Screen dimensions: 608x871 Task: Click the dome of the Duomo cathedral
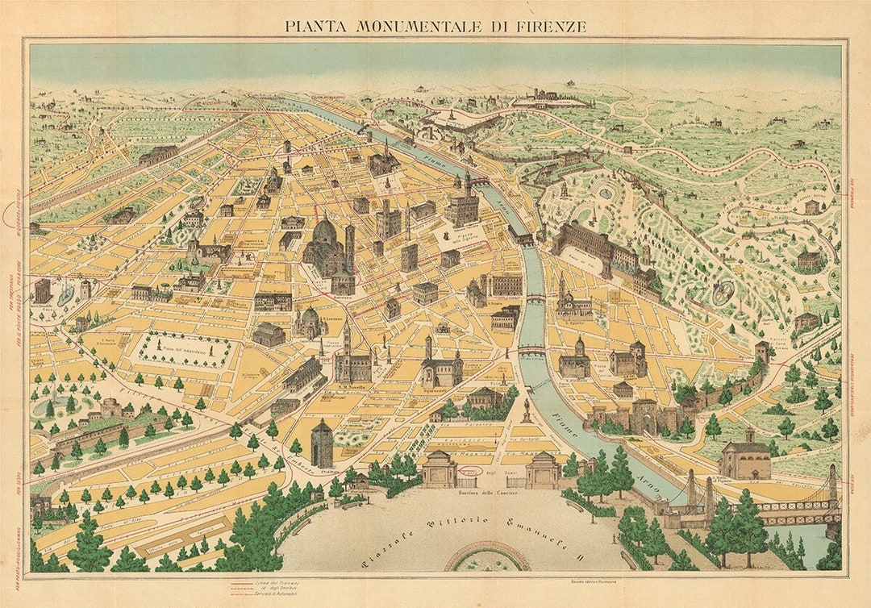click(324, 233)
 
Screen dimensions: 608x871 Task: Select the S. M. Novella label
click(352, 384)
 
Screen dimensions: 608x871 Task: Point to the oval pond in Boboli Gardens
click(723, 292)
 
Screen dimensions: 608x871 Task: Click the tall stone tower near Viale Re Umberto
click(321, 443)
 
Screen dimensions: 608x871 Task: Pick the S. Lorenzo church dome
click(310, 317)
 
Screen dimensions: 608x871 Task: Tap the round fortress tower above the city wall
click(761, 352)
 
